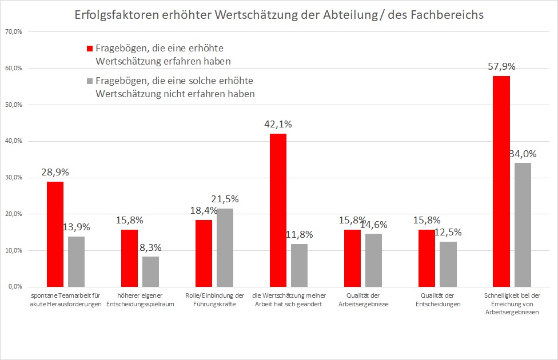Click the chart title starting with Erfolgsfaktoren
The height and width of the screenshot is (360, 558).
coord(279,15)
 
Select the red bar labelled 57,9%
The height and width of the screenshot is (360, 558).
coord(501,181)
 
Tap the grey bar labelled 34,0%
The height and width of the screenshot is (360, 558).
coord(523,225)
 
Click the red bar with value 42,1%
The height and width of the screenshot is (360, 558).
coord(278,210)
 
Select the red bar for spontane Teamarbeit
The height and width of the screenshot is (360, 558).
coord(55,234)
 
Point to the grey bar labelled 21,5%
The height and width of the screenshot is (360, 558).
coord(225,247)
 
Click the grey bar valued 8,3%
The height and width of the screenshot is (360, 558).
coord(150,271)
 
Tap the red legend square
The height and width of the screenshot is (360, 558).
coord(89,49)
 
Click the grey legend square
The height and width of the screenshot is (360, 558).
coord(89,81)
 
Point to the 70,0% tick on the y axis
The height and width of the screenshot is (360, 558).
coord(13,32)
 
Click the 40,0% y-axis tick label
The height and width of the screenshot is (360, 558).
coord(13,141)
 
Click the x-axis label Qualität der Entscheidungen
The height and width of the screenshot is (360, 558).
coord(437,299)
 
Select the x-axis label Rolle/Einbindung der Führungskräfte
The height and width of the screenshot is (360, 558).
coord(214,299)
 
